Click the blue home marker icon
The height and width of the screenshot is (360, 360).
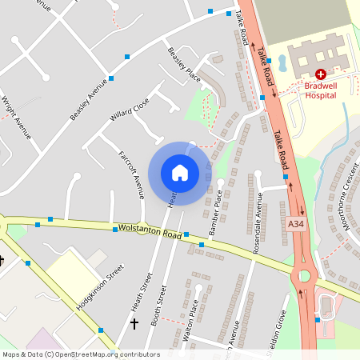[180, 173]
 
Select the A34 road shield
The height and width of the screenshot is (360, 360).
[296, 226]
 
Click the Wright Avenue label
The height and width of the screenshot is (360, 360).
[16, 118]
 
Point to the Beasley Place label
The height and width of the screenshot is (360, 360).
[183, 64]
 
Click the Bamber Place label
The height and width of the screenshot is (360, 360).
[215, 212]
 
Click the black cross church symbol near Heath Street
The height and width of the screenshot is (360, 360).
[134, 324]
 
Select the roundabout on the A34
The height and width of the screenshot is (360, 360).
[304, 278]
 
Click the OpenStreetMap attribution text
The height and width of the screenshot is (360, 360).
[80, 354]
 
